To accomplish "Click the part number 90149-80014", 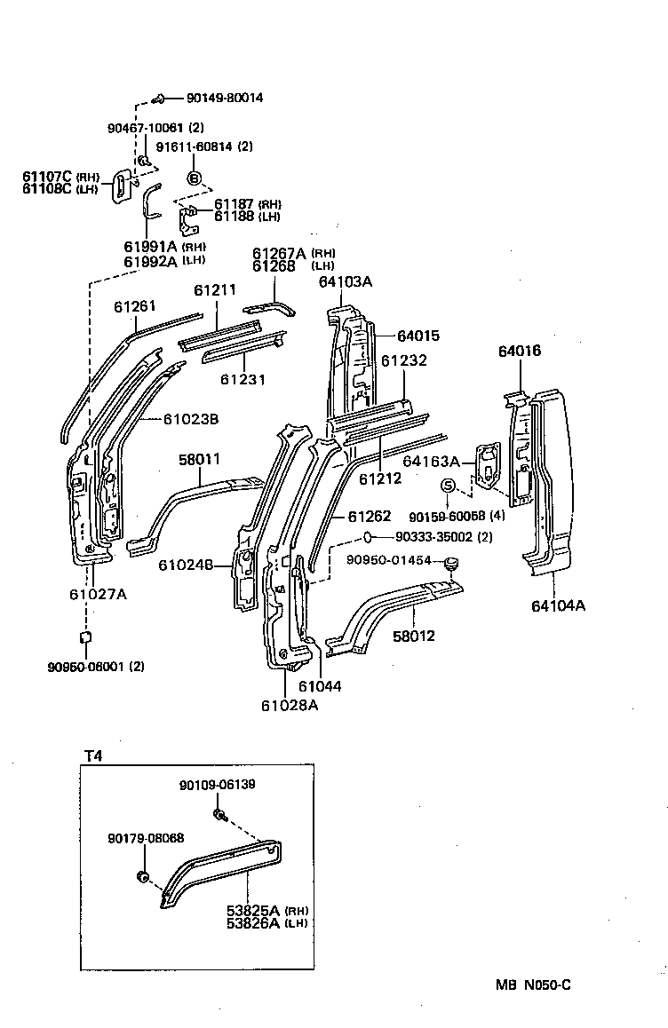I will pos(224,99).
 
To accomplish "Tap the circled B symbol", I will pos(195,178).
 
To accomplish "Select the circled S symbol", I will pos(449,486).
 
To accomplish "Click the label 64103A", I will pos(345,282).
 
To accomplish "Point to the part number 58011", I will pos(199,459).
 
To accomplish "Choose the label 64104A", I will pos(558,606).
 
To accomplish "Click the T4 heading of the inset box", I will pos(93,755).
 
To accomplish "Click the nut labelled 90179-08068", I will pos(140,878).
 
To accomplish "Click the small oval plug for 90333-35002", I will pos(366,537).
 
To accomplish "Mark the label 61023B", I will pos(191,419).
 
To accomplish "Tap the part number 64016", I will pos(519,352).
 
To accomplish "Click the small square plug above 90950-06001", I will pos(85,636).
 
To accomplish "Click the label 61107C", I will pos(47,177).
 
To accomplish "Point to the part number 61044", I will pos(320,685).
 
